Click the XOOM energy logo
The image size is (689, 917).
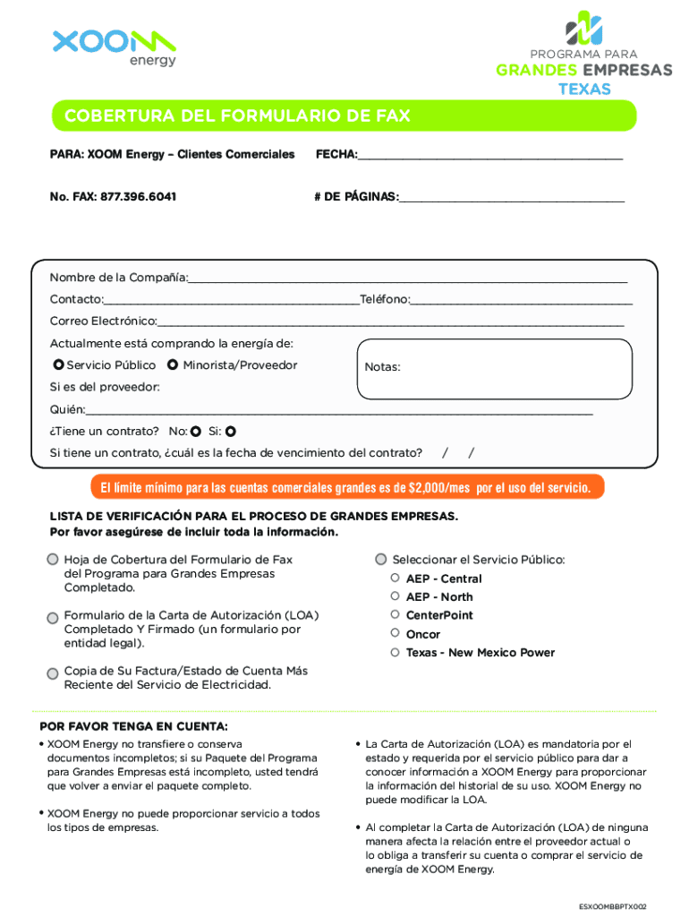[x=114, y=47]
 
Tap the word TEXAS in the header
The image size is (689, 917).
[x=585, y=89]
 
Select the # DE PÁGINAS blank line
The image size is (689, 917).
[x=512, y=197]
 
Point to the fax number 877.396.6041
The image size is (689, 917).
[x=138, y=196]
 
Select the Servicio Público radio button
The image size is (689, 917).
[x=58, y=365]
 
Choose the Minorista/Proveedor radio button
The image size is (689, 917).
[x=173, y=365]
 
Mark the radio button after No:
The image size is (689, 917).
[x=195, y=431]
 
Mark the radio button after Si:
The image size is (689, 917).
[x=230, y=431]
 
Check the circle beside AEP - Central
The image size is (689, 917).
[x=395, y=578]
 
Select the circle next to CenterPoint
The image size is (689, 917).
[x=395, y=615]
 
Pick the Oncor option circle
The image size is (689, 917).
[x=395, y=634]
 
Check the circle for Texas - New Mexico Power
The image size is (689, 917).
[x=395, y=653]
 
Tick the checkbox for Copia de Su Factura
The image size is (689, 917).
[x=53, y=672]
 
